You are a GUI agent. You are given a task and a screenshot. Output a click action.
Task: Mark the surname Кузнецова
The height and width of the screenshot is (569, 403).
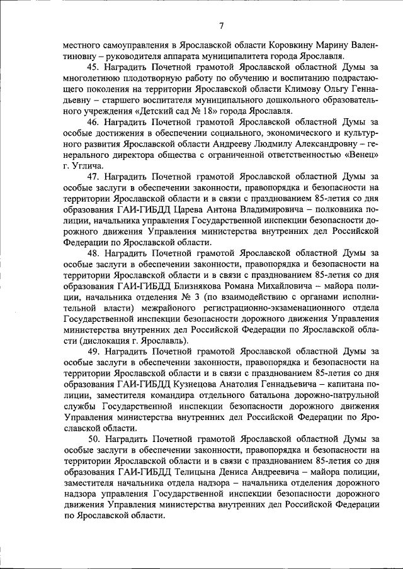(187, 383)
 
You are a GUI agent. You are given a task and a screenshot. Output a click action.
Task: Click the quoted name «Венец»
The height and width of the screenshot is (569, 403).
(361, 154)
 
